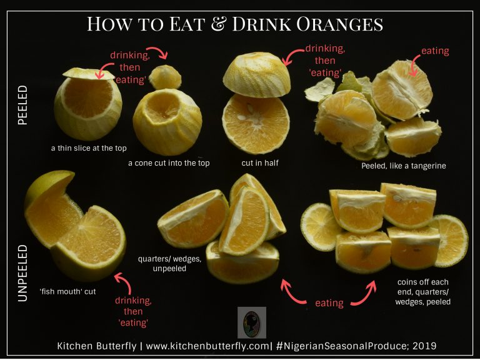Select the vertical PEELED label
pos(23,105)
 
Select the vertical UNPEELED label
pos(23,273)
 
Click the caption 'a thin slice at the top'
pos(89,148)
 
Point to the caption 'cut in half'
pos(260,163)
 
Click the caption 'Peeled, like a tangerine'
pos(404,166)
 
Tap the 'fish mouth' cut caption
pos(67,291)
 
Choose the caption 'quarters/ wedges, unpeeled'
pos(169,264)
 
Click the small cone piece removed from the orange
pos(165,77)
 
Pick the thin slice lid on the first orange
pos(89,74)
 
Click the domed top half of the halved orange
pos(256,75)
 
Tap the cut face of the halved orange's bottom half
pos(256,124)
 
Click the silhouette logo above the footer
pos(252,322)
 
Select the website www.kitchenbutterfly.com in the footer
pos(207,346)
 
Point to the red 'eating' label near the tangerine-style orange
pos(435,51)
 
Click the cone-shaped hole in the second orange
pos(162,106)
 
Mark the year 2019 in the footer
pos(424,346)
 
